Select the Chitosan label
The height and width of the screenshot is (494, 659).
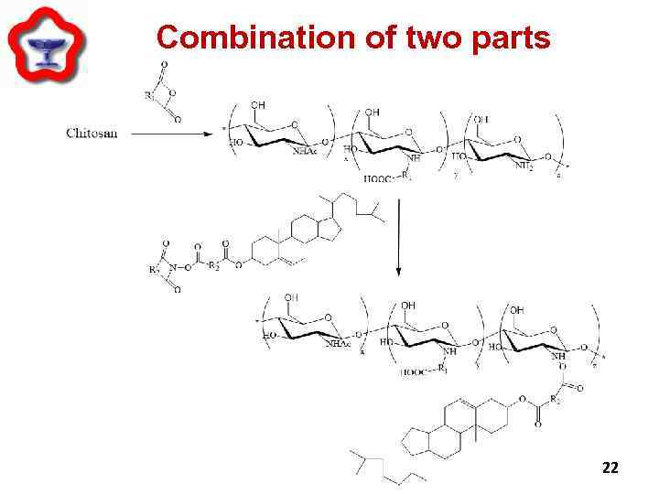tap(92, 134)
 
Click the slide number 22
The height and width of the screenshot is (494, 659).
tap(610, 467)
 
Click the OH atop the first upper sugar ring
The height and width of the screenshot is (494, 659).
tap(258, 105)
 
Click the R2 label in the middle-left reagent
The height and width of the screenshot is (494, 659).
tap(212, 266)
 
